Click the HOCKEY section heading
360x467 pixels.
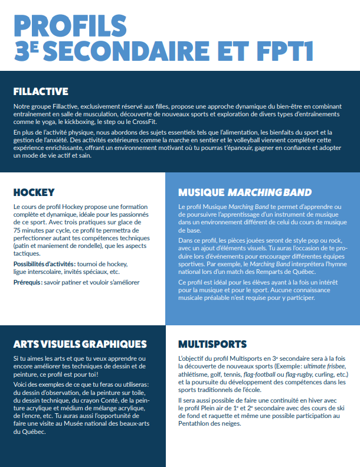click(34, 192)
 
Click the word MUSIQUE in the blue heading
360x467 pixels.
click(201, 193)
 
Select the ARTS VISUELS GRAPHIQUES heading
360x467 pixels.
click(80, 344)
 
